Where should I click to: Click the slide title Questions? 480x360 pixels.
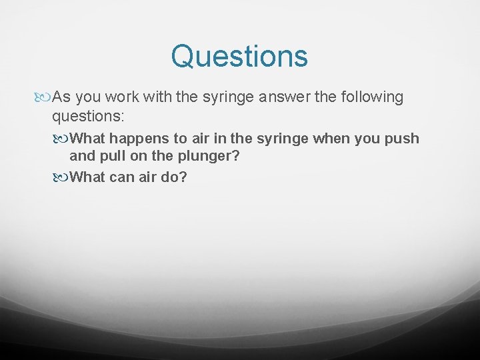pyautogui.click(x=239, y=56)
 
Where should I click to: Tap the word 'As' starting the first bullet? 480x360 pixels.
pyautogui.click(x=62, y=97)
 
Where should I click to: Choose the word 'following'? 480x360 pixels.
pyautogui.click(x=372, y=97)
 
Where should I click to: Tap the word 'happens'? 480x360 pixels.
pyautogui.click(x=135, y=139)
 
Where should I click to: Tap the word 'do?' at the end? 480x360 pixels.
pyautogui.click(x=174, y=177)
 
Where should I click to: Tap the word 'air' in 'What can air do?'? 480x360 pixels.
pyautogui.click(x=151, y=177)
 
